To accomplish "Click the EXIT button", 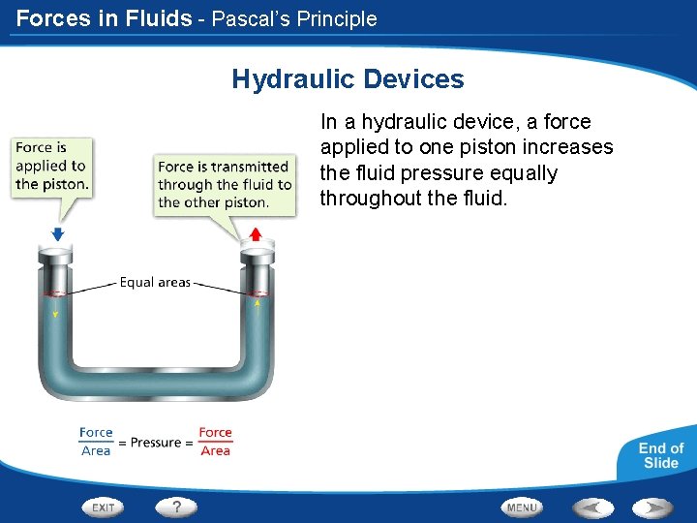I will tap(104, 507).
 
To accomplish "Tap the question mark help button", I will tap(175, 506).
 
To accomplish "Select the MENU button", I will tap(522, 507).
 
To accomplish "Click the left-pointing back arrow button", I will tap(591, 507).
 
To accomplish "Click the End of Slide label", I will tap(660, 455).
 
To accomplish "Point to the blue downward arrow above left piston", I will tap(57, 233).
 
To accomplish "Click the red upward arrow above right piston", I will tap(256, 233).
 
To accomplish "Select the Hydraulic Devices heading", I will tap(348, 79).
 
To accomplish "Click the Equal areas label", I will tap(155, 283).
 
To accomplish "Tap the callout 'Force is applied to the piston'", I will tap(52, 166).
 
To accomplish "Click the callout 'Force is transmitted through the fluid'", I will tap(225, 184).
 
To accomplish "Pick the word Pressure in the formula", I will tap(156, 443).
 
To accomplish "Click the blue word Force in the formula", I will tap(96, 433).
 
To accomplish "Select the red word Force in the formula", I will tap(215, 433).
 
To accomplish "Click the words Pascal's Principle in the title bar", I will tap(294, 18).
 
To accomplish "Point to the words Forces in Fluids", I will tap(104, 18).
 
